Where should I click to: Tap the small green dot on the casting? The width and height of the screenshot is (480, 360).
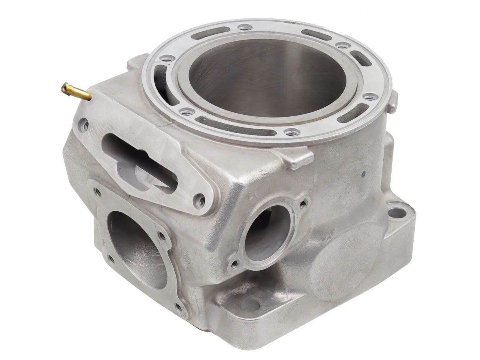(x=363, y=174)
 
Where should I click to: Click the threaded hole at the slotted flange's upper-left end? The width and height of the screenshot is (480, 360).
(x=85, y=125)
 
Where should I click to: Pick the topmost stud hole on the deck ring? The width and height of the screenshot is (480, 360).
(x=245, y=28)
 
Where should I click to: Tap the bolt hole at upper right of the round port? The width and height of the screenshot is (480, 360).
(x=304, y=203)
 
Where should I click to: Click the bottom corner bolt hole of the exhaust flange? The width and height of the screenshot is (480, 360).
(x=179, y=307)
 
